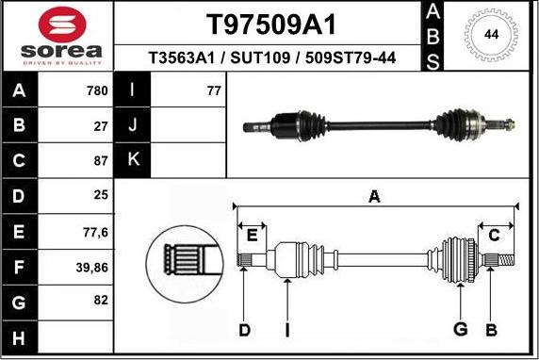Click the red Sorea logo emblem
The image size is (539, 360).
point(62,25)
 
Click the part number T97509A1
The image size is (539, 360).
point(270,25)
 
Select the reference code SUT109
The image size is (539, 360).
point(260,57)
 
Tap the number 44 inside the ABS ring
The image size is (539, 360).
point(491,35)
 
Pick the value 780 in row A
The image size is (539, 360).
point(97,90)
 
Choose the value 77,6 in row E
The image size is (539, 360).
point(95,233)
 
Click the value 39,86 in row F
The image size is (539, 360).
point(92,268)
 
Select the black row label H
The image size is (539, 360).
point(19,337)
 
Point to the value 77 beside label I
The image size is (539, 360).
point(214,90)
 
